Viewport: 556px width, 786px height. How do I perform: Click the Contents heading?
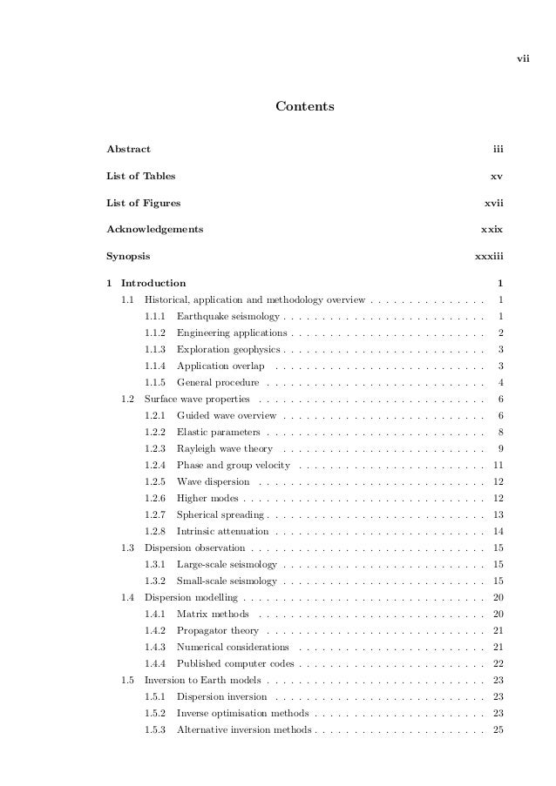[x=305, y=107]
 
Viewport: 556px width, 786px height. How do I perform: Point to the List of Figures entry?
[x=144, y=203]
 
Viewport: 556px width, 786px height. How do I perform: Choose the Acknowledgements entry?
[x=155, y=229]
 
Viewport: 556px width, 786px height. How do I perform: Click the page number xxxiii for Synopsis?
[x=489, y=257]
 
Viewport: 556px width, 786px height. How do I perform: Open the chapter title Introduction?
[x=153, y=283]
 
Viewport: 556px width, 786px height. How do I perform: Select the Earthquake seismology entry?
[x=227, y=315]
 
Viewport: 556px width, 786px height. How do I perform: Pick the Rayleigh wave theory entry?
[x=225, y=449]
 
